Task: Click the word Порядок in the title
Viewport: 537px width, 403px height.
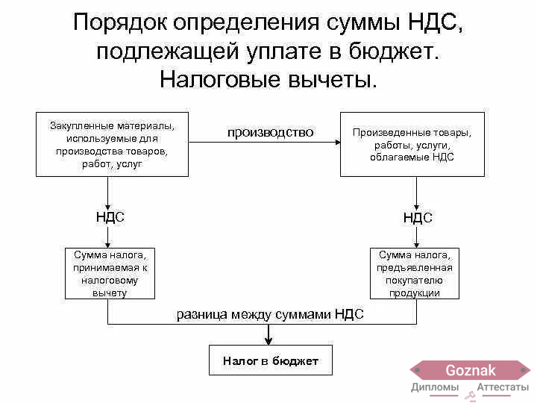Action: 120,22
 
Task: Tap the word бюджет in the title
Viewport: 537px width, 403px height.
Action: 394,52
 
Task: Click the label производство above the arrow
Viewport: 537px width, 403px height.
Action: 270,133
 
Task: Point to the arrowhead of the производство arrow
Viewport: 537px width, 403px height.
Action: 338,142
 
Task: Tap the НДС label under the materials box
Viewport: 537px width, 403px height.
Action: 110,217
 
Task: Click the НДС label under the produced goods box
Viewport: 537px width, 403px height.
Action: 418,218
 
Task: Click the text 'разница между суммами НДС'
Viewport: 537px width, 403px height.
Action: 270,314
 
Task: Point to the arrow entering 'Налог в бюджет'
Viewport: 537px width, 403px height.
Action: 268,334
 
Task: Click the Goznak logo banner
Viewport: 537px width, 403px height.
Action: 470,370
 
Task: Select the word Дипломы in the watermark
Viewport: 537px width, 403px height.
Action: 435,387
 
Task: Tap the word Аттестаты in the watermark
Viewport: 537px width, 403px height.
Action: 503,387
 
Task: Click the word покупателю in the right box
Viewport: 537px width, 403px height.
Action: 414,281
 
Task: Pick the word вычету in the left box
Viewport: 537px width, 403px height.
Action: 110,293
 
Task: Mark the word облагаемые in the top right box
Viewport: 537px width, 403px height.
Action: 400,157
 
